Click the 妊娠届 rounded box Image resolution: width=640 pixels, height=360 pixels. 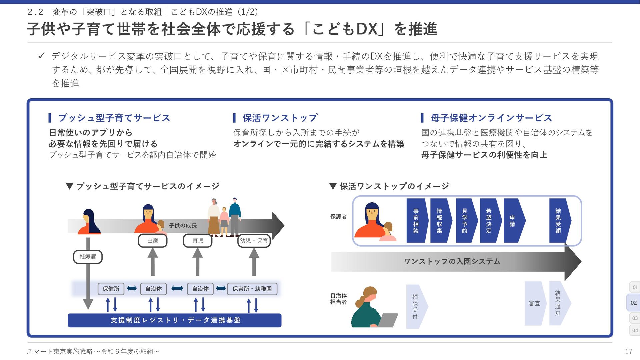pos(88,257)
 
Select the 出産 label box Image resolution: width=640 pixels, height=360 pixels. pos(153,240)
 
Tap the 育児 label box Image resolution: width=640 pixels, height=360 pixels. pos(198,240)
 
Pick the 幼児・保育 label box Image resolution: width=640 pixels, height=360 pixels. pos(254,240)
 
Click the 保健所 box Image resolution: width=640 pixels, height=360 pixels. pos(111,289)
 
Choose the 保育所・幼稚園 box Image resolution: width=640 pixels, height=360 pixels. pos(252,289)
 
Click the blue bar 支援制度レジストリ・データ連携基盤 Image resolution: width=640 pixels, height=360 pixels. pos(175,320)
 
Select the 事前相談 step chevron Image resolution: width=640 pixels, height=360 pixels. pos(416,221)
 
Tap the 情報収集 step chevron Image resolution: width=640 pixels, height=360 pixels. pos(440,221)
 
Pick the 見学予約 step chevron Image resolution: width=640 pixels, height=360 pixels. pos(465,221)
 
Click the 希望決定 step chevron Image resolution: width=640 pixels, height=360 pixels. pos(489,221)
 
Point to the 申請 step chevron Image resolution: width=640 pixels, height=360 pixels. pos(513,221)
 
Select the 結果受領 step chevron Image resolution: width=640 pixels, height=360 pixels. pos(559,221)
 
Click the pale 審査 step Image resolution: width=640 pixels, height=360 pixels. pos(534,303)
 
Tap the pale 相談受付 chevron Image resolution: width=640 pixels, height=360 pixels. pos(416,306)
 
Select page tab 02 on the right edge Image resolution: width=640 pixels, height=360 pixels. pos(633,303)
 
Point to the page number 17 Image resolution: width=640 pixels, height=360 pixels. pos(628,351)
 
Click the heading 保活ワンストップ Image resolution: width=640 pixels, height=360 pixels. pos(280,118)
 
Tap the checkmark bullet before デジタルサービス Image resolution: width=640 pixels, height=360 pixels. pos(41,56)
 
